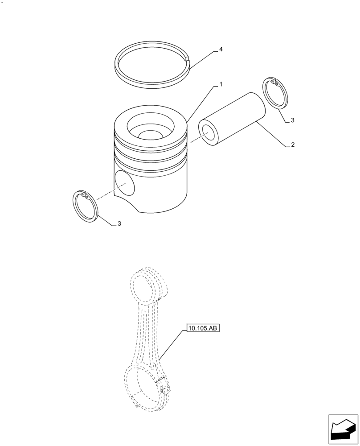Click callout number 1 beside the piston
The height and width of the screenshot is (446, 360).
pos(221,84)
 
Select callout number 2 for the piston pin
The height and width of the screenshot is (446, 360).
pos(292,145)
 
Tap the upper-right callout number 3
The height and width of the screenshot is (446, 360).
pos(292,120)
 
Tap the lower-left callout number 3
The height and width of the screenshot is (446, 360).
pos(119,224)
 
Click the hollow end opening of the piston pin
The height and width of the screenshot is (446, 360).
pos(208,132)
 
